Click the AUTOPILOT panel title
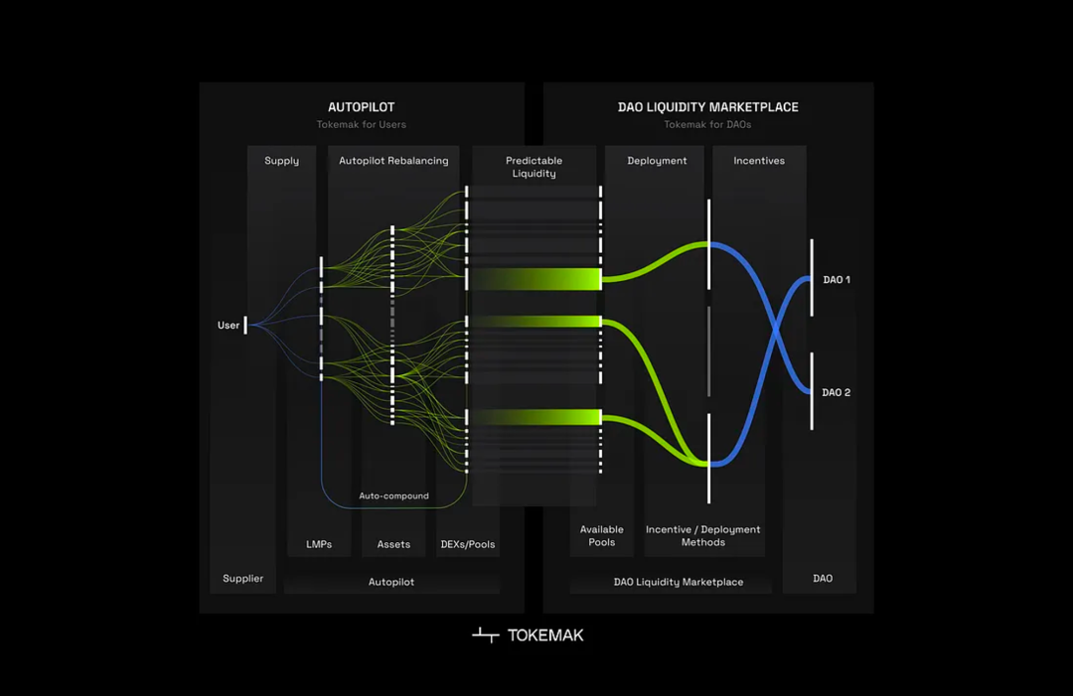click(x=362, y=107)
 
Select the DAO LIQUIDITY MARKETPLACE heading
click(x=707, y=107)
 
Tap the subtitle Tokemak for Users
click(x=362, y=125)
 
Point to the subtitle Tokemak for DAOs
click(x=707, y=125)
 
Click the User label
click(x=229, y=326)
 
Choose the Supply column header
click(x=281, y=161)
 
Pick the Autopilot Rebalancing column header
click(x=393, y=161)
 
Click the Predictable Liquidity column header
click(x=534, y=167)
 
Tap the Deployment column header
click(x=657, y=161)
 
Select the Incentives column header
click(x=759, y=161)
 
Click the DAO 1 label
click(x=837, y=280)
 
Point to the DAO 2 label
click(x=837, y=393)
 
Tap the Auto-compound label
click(x=394, y=495)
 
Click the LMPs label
click(x=319, y=544)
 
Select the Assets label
click(x=393, y=544)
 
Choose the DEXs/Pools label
click(x=467, y=544)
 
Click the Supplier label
click(x=243, y=579)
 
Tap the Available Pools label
click(x=602, y=536)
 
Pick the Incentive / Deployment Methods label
click(x=702, y=536)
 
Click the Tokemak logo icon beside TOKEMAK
click(x=485, y=635)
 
